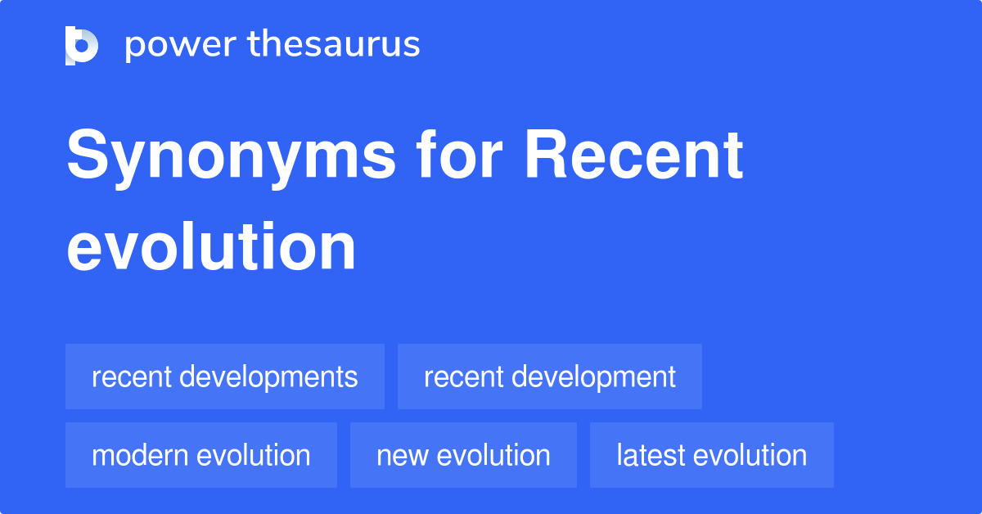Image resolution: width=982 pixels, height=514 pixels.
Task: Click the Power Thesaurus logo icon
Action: (82, 45)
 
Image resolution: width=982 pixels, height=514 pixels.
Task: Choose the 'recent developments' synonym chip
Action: (225, 376)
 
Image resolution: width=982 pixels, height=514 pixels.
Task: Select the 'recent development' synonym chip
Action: (550, 376)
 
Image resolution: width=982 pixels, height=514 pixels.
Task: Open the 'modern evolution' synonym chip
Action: (201, 455)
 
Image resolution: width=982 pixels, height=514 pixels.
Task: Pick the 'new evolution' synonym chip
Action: (463, 455)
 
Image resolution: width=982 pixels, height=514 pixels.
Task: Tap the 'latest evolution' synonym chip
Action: (712, 455)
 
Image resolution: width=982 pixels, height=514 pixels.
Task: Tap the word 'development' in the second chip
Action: (593, 377)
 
